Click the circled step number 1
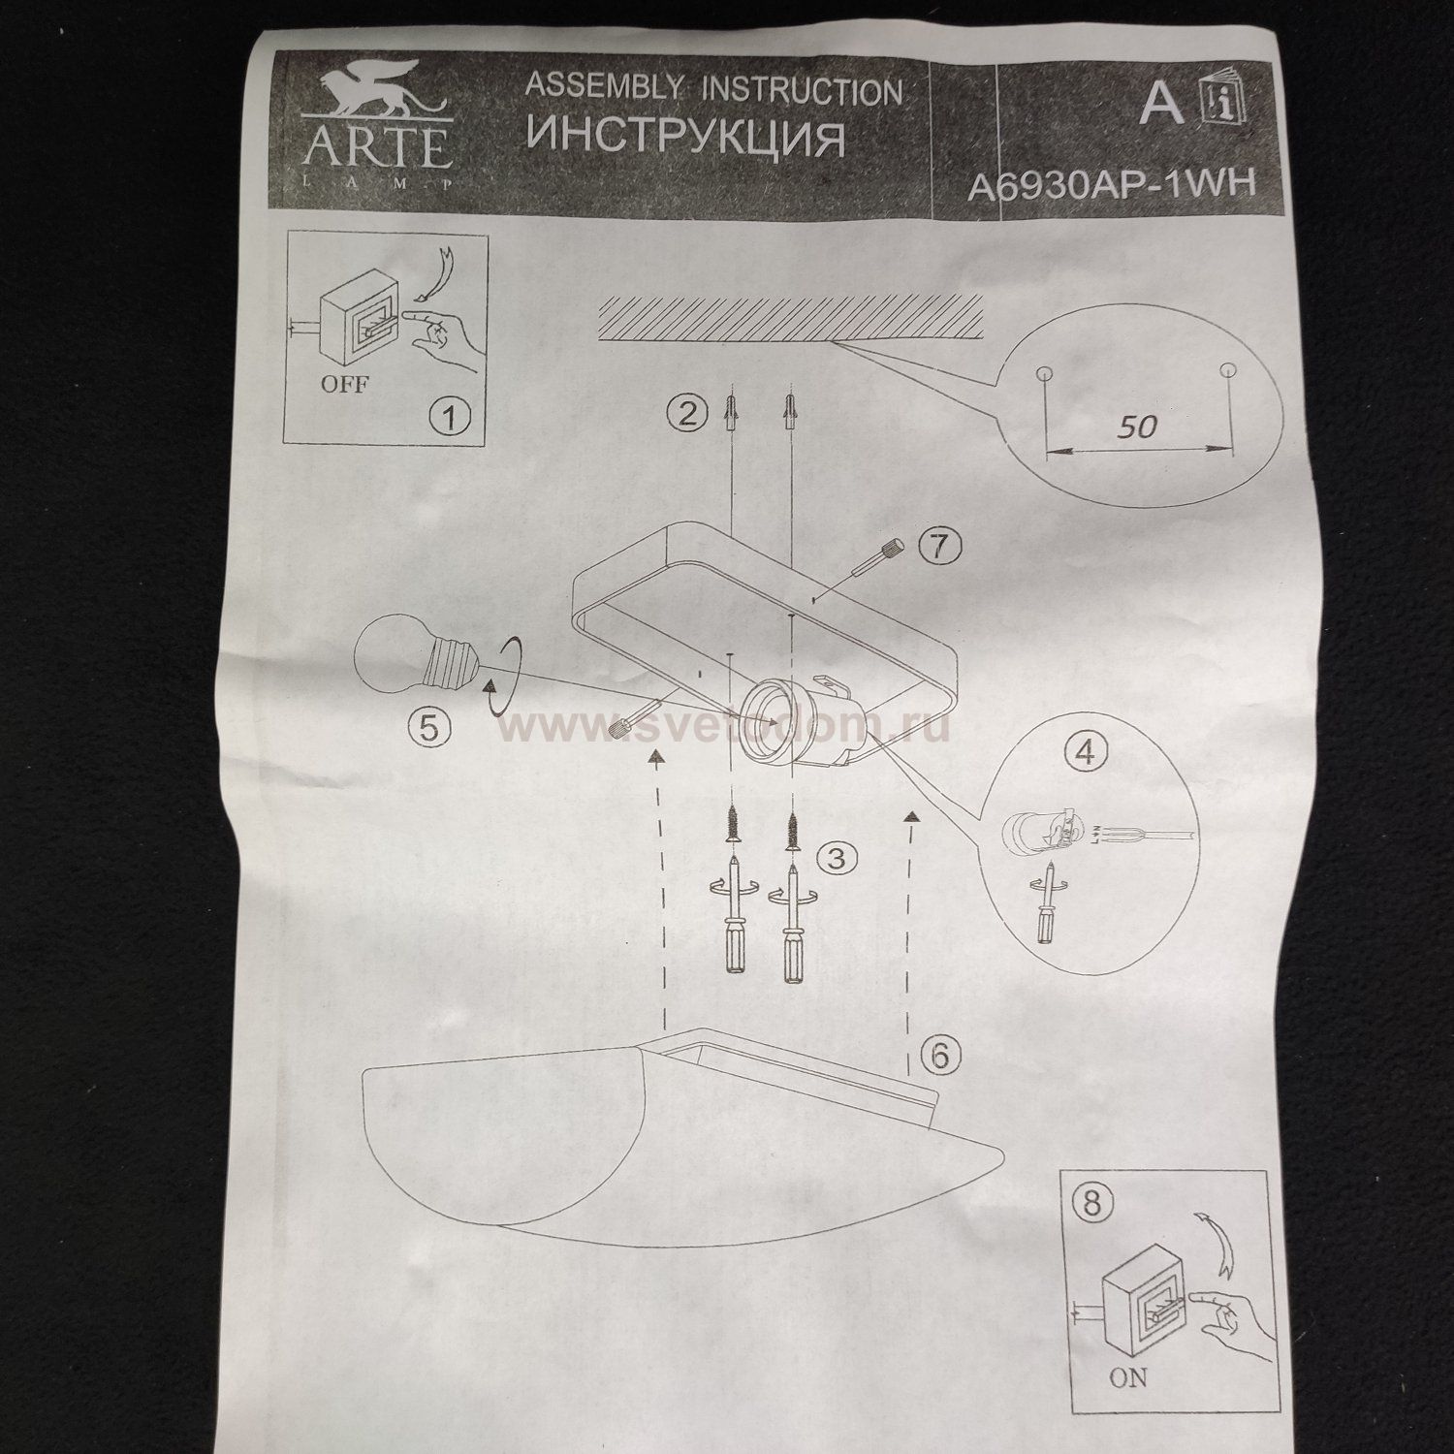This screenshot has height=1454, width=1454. pyautogui.click(x=448, y=419)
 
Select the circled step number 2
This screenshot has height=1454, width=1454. pyautogui.click(x=686, y=414)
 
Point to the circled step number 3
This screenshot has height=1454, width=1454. pyautogui.click(x=837, y=857)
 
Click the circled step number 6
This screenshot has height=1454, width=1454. pyautogui.click(x=938, y=1054)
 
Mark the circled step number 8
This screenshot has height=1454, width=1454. pyautogui.click(x=1092, y=1204)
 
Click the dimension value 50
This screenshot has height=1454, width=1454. pyautogui.click(x=1137, y=426)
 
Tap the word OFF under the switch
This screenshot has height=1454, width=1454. pyautogui.click(x=344, y=384)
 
